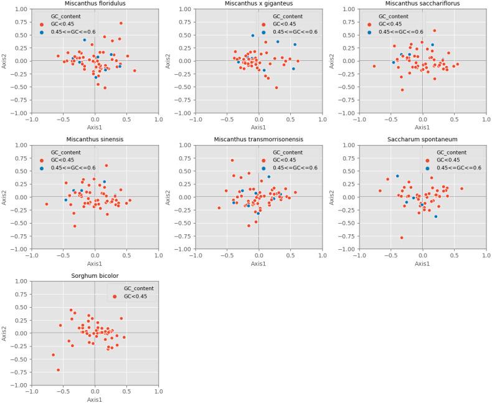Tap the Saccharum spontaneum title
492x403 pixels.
(422, 140)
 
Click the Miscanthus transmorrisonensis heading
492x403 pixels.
(258, 140)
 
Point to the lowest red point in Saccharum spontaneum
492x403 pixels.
(402, 237)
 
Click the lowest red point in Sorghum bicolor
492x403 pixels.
(59, 370)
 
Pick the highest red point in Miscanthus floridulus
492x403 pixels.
(121, 23)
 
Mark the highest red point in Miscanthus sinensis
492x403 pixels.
(106, 166)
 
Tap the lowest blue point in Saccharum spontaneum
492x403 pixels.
(435, 216)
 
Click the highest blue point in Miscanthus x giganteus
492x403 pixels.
(253, 36)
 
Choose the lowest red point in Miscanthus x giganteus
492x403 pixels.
(277, 87)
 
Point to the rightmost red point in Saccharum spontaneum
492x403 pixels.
(461, 189)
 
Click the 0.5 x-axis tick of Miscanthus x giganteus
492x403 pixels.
(290, 118)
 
